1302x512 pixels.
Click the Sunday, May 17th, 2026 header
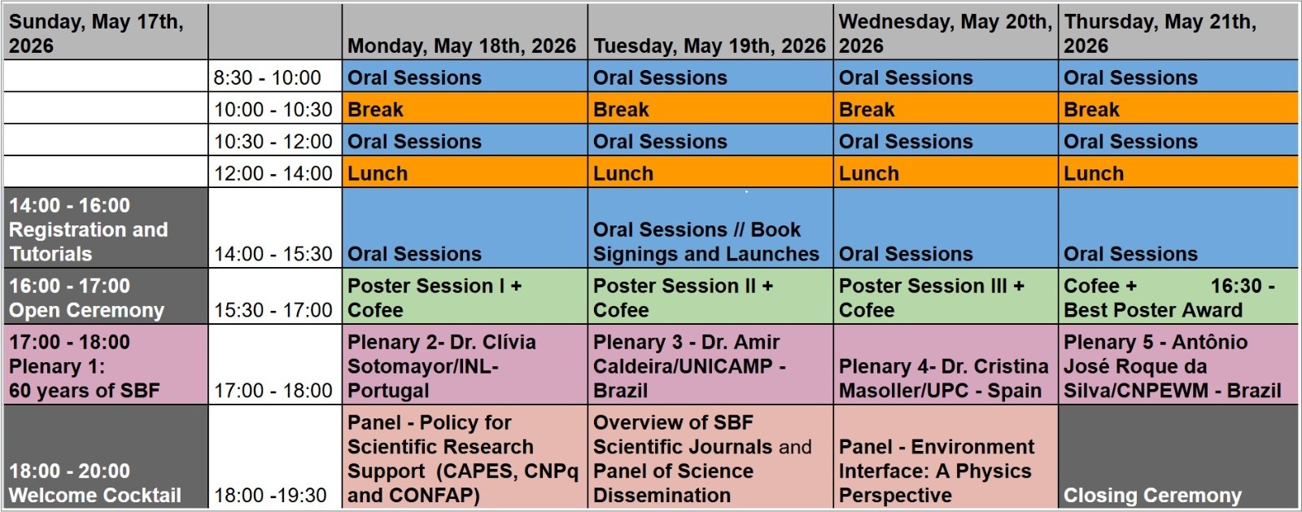coord(105,33)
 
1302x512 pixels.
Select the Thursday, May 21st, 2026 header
coord(1177,33)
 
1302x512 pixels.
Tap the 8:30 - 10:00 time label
coord(268,77)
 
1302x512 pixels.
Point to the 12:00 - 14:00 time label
coord(273,173)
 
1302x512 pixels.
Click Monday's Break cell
coord(465,109)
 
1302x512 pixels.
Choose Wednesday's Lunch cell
coord(946,173)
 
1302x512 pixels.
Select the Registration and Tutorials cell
coord(105,228)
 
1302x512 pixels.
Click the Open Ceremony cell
coord(105,296)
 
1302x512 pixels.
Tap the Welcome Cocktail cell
coord(105,457)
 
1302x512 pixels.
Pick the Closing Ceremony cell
coord(1177,457)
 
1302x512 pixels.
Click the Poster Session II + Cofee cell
coord(710,296)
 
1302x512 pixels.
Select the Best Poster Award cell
coord(1177,296)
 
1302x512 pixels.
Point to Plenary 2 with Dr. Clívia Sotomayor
coord(465,365)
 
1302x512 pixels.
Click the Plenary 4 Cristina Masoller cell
coord(946,365)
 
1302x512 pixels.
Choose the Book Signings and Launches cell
coord(710,228)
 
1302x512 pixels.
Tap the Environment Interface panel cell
coord(946,457)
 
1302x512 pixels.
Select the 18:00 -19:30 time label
coord(270,495)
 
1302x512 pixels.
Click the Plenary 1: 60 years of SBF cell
coord(105,365)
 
